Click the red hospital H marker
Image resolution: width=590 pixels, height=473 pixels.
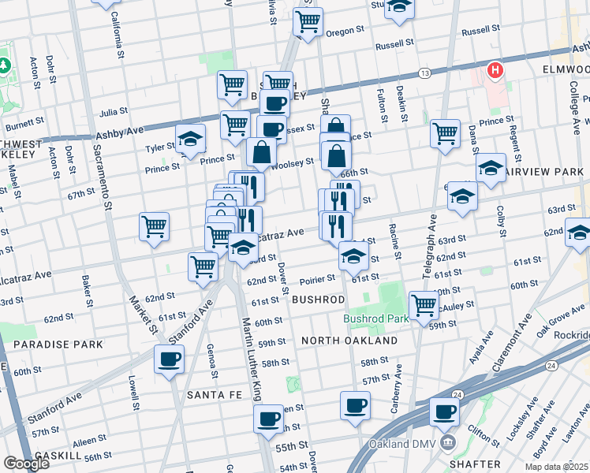495,71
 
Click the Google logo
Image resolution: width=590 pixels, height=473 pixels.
26,464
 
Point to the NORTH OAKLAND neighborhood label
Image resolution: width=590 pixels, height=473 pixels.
349,341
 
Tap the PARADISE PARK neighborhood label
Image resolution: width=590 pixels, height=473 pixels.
58,345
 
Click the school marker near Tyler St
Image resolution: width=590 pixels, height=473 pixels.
190,140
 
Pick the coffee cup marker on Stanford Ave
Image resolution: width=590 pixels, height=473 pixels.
170,360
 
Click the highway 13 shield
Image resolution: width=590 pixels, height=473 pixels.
425,73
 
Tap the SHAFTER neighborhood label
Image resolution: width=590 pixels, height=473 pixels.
476,464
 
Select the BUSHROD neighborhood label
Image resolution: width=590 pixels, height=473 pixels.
318,300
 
